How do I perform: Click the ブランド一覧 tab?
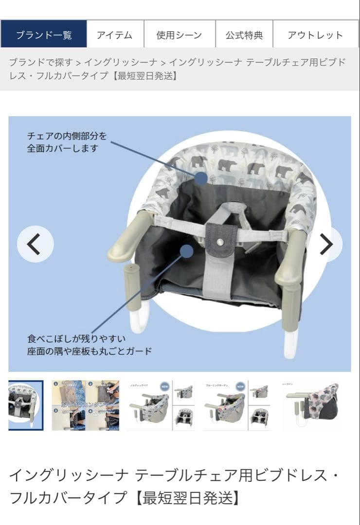44,35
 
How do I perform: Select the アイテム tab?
115,35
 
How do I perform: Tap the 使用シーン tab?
179,35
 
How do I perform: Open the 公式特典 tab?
244,35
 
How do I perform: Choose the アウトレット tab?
315,35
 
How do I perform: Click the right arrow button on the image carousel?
327,244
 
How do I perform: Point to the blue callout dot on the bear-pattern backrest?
201,178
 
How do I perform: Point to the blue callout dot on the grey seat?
186,251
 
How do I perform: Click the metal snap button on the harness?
221,241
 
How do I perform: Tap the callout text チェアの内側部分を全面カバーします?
67,142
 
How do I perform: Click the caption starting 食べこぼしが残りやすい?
89,345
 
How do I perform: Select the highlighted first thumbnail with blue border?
26,405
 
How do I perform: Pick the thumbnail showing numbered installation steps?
85,405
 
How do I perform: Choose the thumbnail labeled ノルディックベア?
150,405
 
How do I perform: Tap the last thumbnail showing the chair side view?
311,405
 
